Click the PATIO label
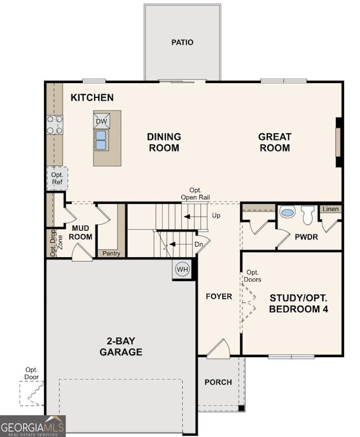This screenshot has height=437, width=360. click(x=182, y=42)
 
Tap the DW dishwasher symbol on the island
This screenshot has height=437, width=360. click(x=101, y=121)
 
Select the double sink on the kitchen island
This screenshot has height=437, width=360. click(x=100, y=140)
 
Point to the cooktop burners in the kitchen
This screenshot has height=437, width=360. click(x=55, y=125)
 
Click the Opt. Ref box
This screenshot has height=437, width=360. click(x=57, y=179)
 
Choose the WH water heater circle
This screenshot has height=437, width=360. click(x=182, y=269)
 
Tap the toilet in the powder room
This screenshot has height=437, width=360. click(x=308, y=215)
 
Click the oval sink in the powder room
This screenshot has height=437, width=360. click(x=287, y=212)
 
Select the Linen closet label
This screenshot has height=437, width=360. click(x=330, y=209)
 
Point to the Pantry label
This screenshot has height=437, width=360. click(x=111, y=253)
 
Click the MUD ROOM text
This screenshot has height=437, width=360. click(x=80, y=232)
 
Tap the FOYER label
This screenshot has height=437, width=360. click(x=219, y=296)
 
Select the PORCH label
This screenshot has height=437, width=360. click(x=218, y=382)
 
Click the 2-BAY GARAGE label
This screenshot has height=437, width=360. click(x=121, y=346)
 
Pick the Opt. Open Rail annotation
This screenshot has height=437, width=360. click(x=195, y=194)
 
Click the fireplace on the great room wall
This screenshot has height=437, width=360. click(x=339, y=143)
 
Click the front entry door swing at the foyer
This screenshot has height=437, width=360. click(x=218, y=348)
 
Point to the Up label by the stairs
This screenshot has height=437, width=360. click(x=216, y=215)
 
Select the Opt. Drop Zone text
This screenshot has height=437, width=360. click(x=56, y=243)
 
